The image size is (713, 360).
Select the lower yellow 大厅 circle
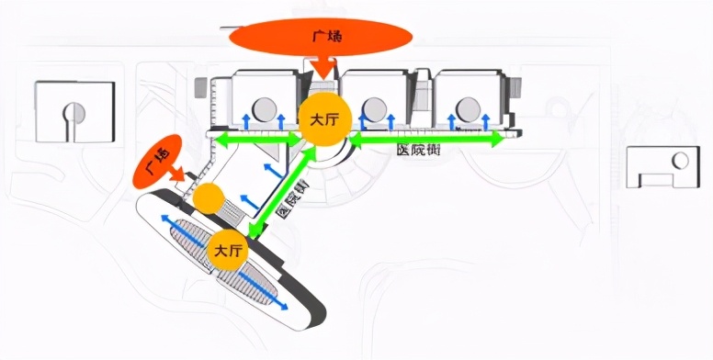228,250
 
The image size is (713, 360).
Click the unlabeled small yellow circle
208,198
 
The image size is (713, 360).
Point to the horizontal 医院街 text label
418,150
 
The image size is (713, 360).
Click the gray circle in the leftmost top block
266,108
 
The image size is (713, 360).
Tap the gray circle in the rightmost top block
469,108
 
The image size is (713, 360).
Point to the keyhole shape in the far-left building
72,113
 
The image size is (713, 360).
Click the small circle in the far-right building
680,161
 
